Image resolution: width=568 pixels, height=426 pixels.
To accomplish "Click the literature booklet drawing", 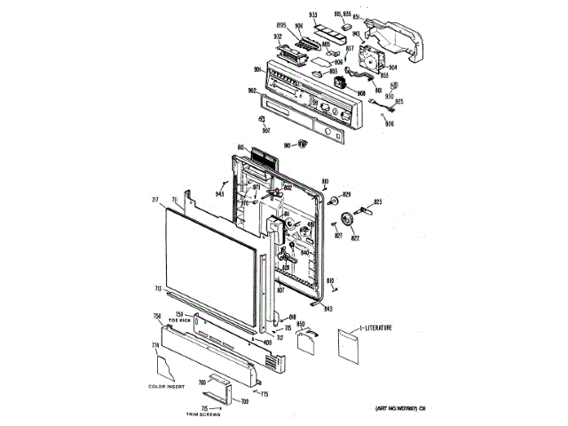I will point(348,345).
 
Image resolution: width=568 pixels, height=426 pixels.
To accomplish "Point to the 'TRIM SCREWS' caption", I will point(202,414).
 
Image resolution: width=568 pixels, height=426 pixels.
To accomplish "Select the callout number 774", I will point(154,344).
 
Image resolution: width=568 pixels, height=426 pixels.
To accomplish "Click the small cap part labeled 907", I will point(264,118).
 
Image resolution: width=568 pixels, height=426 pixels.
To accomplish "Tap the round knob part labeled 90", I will point(302,143).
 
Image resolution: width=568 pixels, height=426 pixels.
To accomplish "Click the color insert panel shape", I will point(165,365).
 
